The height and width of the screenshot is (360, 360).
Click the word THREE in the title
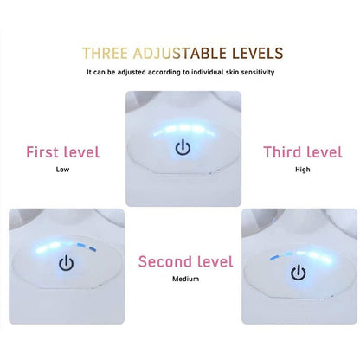pyautogui.click(x=105, y=54)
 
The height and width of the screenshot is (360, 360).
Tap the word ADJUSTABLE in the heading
pyautogui.click(x=180, y=54)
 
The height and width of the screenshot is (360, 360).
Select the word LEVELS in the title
pyautogui.click(x=258, y=54)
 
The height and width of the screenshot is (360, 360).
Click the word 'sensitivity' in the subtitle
pyautogui.click(x=258, y=72)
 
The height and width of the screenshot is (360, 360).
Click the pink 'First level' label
pyautogui.click(x=63, y=152)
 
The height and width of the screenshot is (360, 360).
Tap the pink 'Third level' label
pyautogui.click(x=303, y=152)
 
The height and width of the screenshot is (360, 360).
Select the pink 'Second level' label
pyautogui.click(x=186, y=261)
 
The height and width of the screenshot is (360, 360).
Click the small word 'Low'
pyautogui.click(x=62, y=170)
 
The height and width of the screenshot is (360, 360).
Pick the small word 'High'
pyautogui.click(x=303, y=170)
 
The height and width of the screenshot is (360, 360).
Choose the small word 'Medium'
pyautogui.click(x=186, y=279)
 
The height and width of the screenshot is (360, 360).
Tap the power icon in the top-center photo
pyautogui.click(x=183, y=147)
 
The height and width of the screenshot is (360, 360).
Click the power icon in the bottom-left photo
pyautogui.click(x=66, y=263)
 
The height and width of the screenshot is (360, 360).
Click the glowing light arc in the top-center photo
pyautogui.click(x=184, y=130)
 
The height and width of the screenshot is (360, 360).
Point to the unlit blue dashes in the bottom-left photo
pyautogui.click(x=87, y=247)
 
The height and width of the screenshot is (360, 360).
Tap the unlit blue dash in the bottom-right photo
pyautogui.click(x=275, y=257)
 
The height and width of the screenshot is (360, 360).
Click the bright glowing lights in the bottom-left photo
pyautogui.click(x=50, y=246)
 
